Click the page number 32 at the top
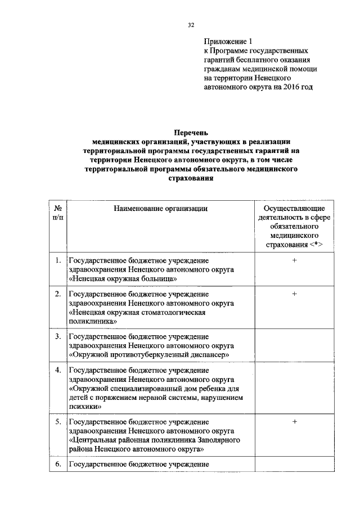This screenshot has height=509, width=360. coord(191,25)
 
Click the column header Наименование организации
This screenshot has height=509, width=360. coord(160,209)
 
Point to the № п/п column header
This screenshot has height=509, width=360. coord(57,213)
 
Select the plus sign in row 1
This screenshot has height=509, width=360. coord(294,260)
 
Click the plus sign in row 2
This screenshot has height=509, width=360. coord(294,294)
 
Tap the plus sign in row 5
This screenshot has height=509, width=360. coord(294,421)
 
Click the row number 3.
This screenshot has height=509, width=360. coord(58,336)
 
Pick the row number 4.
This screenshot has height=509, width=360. coord(58,370)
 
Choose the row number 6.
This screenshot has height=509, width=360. coord(58,464)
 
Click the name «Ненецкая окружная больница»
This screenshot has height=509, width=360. coord(123,278)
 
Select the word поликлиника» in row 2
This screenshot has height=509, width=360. coord(93,321)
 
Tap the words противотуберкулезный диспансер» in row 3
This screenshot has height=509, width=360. coord(174,355)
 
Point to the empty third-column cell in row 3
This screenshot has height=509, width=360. coord(294,345)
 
